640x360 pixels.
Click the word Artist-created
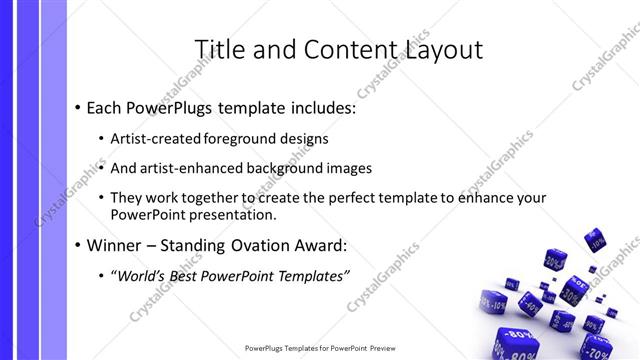tap(153, 139)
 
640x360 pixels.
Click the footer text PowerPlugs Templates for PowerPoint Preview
tap(319, 349)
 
